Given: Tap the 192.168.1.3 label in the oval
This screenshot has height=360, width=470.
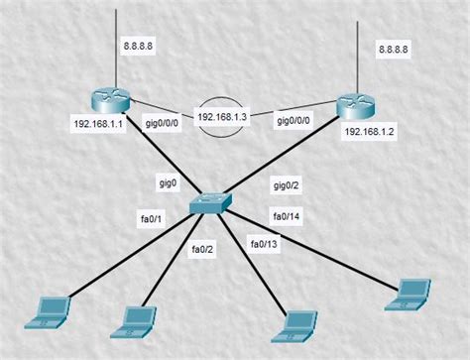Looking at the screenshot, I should (x=221, y=116).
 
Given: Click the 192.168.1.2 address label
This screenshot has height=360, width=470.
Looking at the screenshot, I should (x=371, y=131).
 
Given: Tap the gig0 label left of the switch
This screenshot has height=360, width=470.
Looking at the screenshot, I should (x=167, y=183).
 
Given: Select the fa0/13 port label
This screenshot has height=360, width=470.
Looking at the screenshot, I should (x=264, y=244).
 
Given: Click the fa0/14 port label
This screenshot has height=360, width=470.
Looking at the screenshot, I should (x=288, y=215).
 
